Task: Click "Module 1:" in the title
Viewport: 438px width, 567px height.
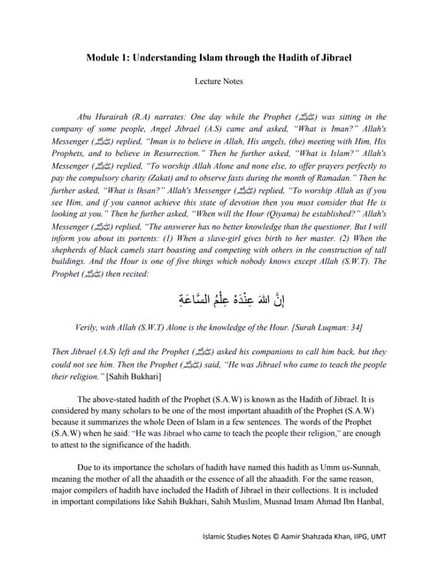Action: [x=112, y=58]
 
